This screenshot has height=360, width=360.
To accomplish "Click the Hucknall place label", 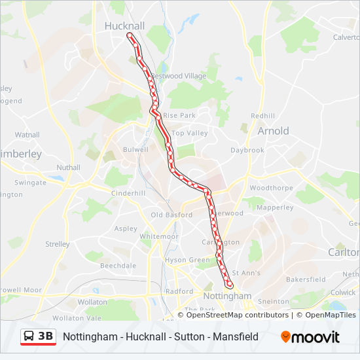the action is [x=124, y=26].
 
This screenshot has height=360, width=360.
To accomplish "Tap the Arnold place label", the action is [x=273, y=131].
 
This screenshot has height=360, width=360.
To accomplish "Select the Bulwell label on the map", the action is [x=135, y=150].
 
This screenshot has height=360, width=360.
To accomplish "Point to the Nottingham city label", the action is [x=227, y=296].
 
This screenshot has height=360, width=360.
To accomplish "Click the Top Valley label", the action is [x=190, y=133].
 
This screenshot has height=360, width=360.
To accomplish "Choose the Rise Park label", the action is [x=179, y=115].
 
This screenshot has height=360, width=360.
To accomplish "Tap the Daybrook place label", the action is [x=247, y=150].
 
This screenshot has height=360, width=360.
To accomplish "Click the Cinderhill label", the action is [x=128, y=194].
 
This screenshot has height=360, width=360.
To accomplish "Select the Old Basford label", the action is [x=171, y=215].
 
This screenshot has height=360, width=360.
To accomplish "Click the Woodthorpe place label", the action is [x=271, y=188].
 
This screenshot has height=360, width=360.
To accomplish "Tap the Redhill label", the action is [x=263, y=116].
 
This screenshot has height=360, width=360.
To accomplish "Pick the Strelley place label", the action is [x=58, y=244].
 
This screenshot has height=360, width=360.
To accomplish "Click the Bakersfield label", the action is [x=306, y=279].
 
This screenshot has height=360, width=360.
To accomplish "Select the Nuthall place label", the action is [x=68, y=168].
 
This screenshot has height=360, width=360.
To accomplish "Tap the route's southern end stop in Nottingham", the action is [x=229, y=285].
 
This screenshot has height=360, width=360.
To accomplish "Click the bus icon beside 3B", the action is [x=30, y=336].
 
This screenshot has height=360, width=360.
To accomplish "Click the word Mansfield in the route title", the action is [x=237, y=336].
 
